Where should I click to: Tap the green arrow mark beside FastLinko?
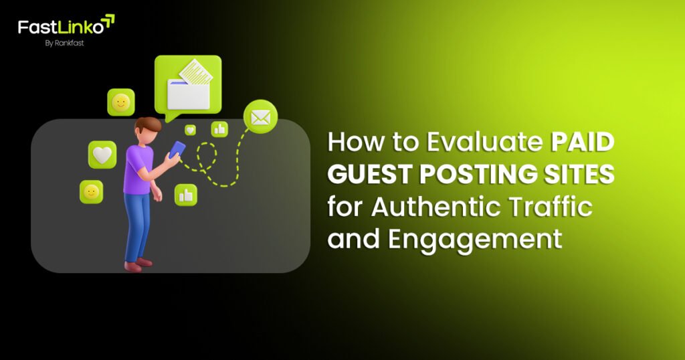[107, 22]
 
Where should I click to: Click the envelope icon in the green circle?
[260, 118]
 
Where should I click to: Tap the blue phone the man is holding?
[177, 149]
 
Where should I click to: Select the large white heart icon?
[102, 155]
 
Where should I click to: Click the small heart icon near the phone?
[191, 130]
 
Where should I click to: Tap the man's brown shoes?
[136, 265]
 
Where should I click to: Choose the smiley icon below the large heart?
[91, 193]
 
